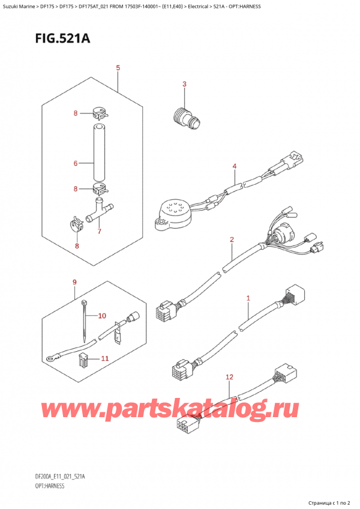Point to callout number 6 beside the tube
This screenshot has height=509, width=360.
click(75, 163)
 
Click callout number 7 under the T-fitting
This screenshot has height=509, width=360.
click(100, 232)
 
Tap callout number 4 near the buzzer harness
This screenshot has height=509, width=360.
click(235, 166)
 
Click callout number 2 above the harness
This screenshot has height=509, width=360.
click(231, 240)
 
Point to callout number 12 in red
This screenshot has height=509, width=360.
click(229, 376)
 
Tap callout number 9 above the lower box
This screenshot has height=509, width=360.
click(74, 282)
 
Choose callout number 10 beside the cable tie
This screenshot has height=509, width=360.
click(101, 315)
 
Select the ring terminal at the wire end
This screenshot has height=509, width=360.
click(50, 361)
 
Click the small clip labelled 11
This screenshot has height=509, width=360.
click(84, 360)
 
